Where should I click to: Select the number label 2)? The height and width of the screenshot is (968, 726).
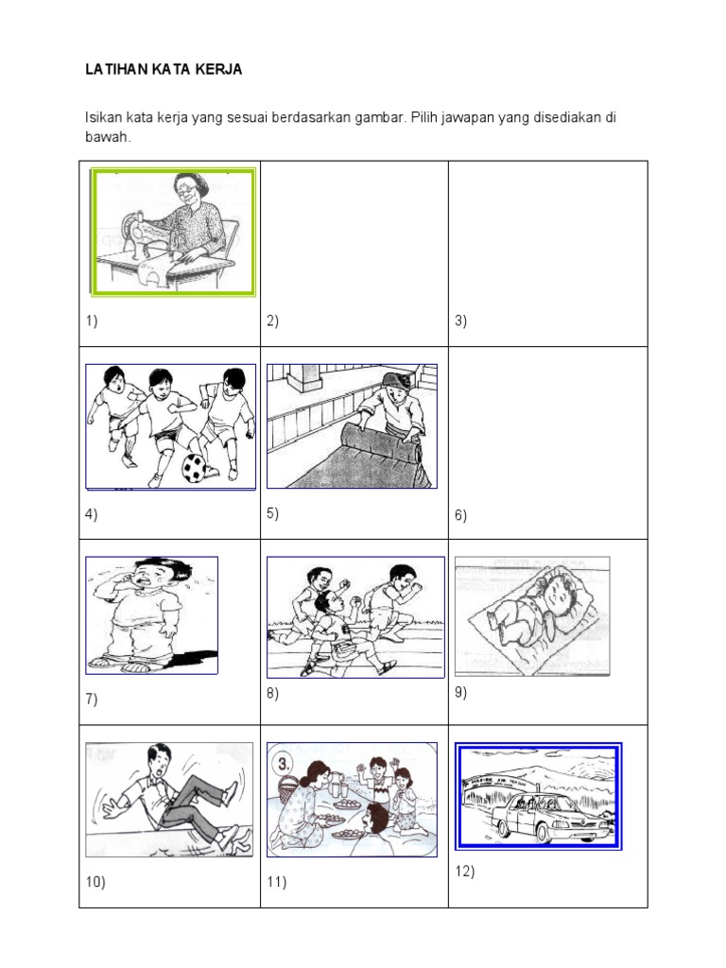[x=272, y=320]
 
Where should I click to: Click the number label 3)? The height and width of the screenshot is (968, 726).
[x=461, y=320]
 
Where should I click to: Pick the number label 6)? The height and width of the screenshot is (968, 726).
[x=461, y=515]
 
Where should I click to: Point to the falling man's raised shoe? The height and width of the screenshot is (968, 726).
[x=230, y=790]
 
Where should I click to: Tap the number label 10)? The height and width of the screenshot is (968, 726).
[x=95, y=882]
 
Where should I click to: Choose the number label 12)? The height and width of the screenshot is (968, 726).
[x=464, y=872]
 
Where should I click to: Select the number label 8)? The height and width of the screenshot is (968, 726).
[x=272, y=693]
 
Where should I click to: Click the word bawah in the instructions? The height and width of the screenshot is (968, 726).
[x=105, y=138]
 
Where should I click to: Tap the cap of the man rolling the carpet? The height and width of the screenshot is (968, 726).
[x=391, y=381]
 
